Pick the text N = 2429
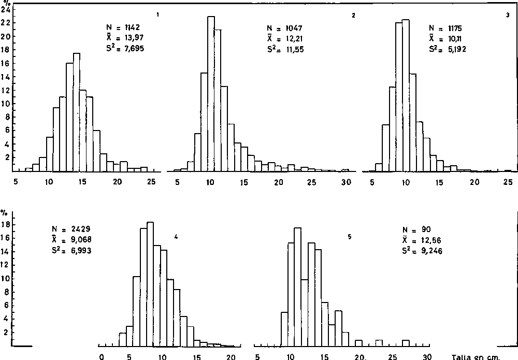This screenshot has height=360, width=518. tap(69, 228)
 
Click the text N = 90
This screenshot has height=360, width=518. tap(416, 230)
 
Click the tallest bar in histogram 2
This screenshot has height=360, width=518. tap(211, 93)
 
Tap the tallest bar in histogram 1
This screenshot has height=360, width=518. tap(76, 112)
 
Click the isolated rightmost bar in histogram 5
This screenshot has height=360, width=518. tap(406, 342)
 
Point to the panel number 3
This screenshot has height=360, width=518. tap(507, 15)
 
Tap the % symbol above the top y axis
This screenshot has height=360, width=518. tap(6, 3)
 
